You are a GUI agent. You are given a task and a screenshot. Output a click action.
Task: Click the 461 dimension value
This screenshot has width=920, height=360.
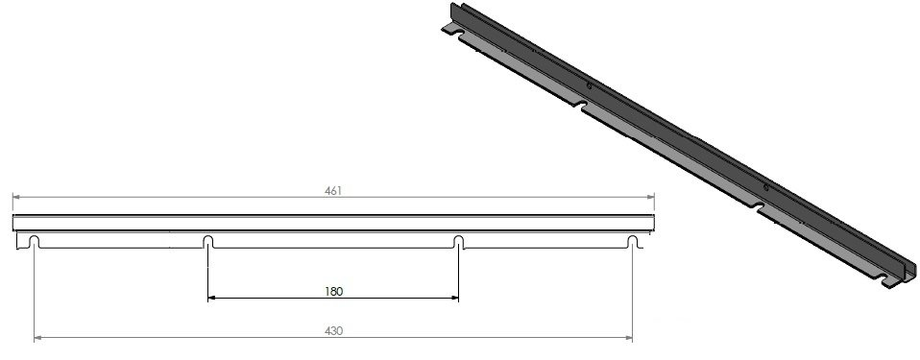point(333,190)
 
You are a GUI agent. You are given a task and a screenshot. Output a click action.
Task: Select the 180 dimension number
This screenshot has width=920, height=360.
point(333,290)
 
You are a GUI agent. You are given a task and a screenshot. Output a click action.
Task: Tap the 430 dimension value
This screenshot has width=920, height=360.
point(333,330)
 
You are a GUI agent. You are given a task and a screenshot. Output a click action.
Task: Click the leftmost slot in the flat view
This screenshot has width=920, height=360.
point(35,241)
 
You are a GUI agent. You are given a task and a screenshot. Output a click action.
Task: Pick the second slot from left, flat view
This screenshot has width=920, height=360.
point(208,241)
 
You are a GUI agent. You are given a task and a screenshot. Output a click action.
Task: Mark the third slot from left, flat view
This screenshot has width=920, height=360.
point(458,241)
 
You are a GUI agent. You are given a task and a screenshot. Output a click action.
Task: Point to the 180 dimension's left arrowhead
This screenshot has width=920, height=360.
point(212,299)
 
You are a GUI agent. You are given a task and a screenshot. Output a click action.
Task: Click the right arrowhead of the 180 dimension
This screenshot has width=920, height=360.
point(454,299)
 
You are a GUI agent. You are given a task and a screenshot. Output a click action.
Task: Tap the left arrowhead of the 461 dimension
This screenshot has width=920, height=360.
point(15,198)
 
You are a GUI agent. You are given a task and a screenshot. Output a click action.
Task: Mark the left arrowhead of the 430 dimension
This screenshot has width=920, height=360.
point(38,338)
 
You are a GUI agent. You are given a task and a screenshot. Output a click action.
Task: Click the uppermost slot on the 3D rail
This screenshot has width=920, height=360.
point(467,37)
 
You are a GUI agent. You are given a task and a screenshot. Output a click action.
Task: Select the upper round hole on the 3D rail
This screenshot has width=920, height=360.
point(588,87)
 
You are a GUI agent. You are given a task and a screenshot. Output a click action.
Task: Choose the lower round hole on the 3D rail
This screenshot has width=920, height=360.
point(765,185)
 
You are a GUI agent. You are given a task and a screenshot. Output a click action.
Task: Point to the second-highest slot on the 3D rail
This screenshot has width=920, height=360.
point(583,105)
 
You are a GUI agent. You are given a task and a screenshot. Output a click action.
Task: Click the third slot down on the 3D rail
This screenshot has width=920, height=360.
point(762,206)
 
